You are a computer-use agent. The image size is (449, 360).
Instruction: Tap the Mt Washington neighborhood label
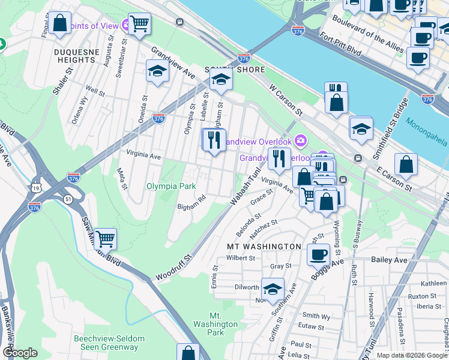point(264,247)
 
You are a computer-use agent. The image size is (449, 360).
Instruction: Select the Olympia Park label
point(172,186)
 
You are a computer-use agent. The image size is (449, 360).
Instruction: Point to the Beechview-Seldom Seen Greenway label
point(109,343)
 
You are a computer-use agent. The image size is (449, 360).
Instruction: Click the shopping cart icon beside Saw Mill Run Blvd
point(106,238)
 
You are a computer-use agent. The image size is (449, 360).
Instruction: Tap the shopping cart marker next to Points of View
point(139,24)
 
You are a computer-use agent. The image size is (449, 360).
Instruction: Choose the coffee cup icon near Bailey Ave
point(318,254)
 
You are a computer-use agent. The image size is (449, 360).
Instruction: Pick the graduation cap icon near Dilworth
point(273,289)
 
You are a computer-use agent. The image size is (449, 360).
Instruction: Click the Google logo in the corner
point(20,353)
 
